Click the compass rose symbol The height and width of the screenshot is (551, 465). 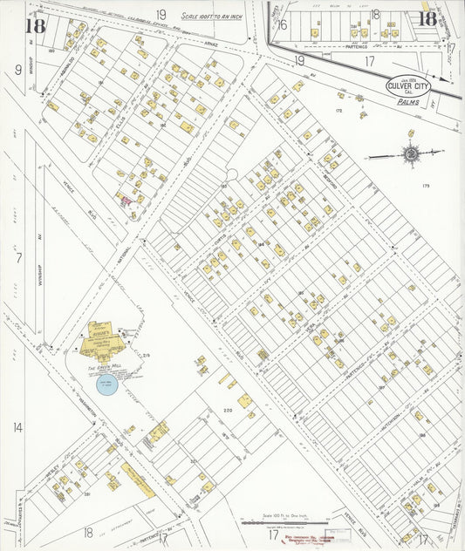(409, 154)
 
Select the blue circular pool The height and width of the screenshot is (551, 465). (109, 384)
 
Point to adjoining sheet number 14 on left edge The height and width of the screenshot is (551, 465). (17, 427)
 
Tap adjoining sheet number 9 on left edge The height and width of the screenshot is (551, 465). (17, 69)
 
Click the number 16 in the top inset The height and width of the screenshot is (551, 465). (283, 24)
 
